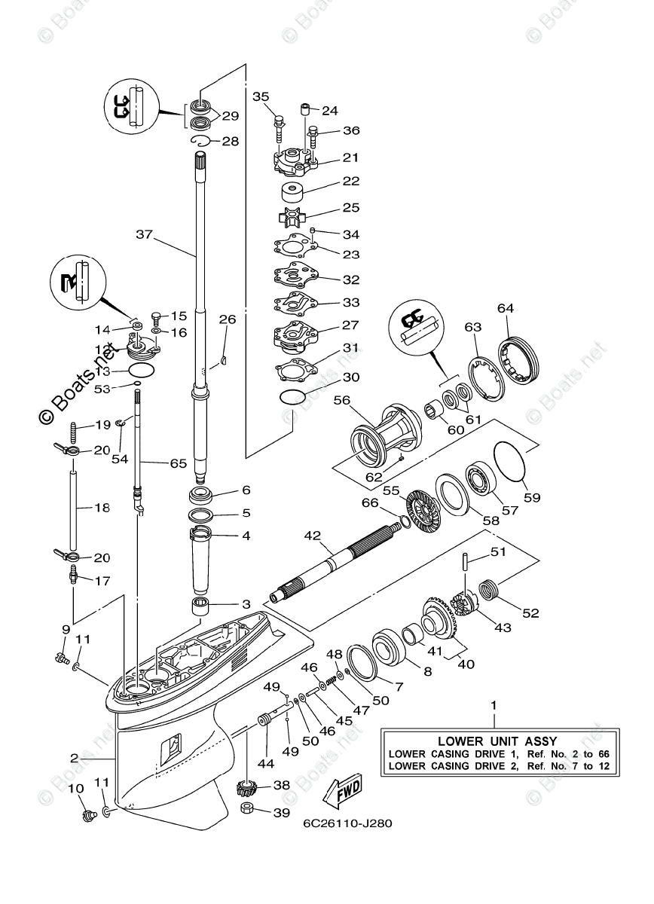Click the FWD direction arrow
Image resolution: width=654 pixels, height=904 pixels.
(341, 791)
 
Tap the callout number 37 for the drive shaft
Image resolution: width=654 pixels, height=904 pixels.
(144, 234)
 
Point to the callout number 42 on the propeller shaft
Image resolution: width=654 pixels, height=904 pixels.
(313, 536)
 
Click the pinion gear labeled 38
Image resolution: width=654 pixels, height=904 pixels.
(248, 788)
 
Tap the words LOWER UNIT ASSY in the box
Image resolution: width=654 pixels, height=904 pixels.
(499, 740)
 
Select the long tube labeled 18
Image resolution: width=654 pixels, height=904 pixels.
(74, 509)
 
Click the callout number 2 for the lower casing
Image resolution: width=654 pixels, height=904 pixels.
(75, 758)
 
